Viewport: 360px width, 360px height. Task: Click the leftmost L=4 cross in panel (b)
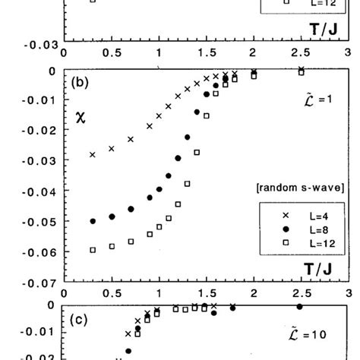pyautogui.click(x=93, y=154)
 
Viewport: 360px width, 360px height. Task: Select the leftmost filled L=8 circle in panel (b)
pyautogui.click(x=93, y=221)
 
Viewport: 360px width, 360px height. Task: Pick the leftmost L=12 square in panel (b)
pyautogui.click(x=93, y=250)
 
